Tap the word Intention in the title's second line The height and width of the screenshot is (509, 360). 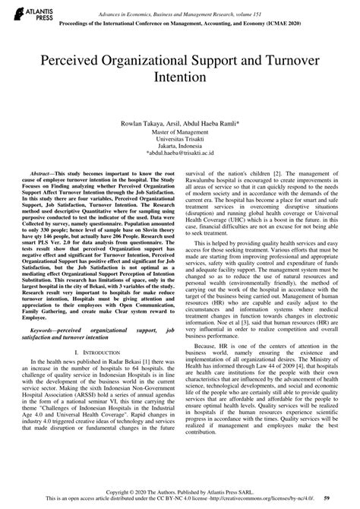click(179, 77)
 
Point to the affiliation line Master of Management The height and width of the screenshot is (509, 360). click(180, 132)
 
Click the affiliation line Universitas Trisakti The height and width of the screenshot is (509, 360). click(180, 141)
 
